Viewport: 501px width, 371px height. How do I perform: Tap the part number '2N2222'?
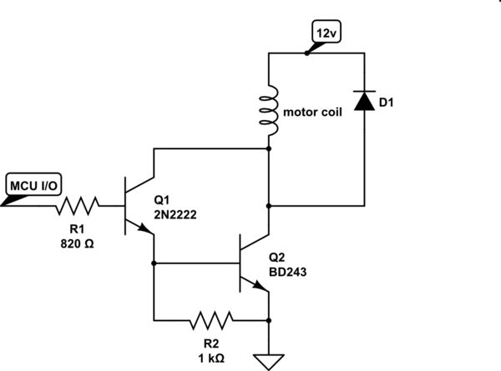pos(178,215)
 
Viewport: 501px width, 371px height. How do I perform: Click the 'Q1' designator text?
pos(162,201)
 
